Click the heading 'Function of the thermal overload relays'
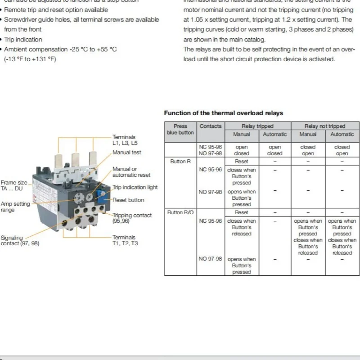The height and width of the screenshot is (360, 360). (223, 113)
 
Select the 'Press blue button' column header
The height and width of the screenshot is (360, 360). (180, 129)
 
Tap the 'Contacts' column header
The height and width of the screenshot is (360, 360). (211, 126)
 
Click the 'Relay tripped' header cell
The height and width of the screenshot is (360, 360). (257, 126)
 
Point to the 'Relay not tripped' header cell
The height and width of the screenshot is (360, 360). (325, 126)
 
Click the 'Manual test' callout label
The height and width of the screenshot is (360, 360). (126, 153)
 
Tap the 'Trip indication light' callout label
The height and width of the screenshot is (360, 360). (135, 188)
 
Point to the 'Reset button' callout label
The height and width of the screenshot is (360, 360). (128, 200)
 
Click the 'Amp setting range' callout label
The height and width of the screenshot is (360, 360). (15, 207)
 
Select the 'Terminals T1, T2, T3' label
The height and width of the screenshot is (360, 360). (125, 240)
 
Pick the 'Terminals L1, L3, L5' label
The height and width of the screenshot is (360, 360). (124, 140)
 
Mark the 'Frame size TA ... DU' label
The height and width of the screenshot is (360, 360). (14, 185)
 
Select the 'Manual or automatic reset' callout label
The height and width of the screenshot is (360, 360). (131, 172)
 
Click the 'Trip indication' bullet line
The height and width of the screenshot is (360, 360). (23, 40)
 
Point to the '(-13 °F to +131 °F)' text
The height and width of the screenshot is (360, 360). (30, 59)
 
